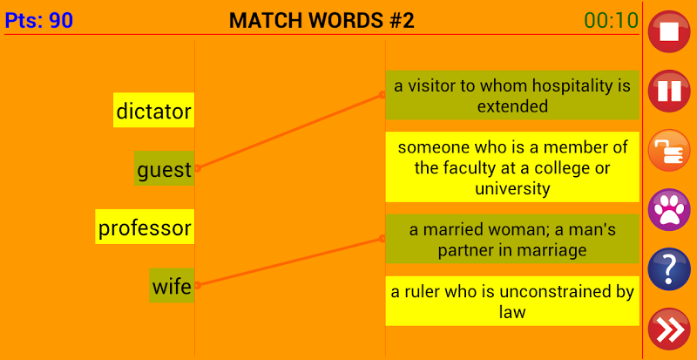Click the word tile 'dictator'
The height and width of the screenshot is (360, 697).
(153, 111)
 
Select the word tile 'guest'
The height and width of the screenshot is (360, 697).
(165, 169)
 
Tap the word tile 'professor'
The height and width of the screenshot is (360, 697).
(145, 228)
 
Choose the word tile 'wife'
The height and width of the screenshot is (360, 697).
(171, 286)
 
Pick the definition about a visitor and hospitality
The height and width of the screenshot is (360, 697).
(512, 96)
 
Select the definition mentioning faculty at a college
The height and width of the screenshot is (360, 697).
(512, 167)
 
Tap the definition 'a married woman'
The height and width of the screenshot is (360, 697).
(512, 240)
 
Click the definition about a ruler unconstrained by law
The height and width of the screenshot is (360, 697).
(512, 301)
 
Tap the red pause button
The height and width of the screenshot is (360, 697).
(669, 92)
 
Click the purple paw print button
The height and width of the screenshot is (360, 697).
(669, 210)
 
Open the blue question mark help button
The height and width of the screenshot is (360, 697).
(669, 269)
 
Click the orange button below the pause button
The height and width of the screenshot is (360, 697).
(669, 151)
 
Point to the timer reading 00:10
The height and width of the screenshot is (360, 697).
(612, 20)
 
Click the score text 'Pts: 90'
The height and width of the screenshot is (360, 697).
(39, 20)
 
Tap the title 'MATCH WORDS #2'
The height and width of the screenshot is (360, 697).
(321, 20)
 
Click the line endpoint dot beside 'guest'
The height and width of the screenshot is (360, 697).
(198, 168)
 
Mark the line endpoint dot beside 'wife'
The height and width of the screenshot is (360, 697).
(198, 284)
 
